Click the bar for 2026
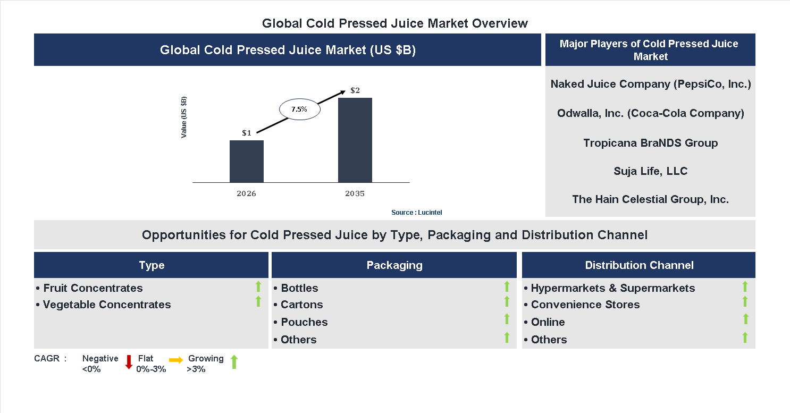[x=246, y=161]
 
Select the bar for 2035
[x=355, y=140]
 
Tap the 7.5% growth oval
[x=299, y=109]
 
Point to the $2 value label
[x=355, y=90]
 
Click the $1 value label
[x=246, y=133]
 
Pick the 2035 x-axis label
[x=355, y=193]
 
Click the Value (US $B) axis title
[x=184, y=117]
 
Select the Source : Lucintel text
[x=416, y=213]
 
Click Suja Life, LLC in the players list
[x=650, y=171]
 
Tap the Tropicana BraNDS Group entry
[x=650, y=143]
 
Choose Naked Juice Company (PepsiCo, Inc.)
[x=650, y=84]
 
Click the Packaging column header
[x=394, y=265]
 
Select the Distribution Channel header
[x=639, y=265]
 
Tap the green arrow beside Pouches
[x=507, y=319]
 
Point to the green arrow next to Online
[x=745, y=319]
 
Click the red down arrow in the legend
[x=129, y=362]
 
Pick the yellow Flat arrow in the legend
[x=176, y=360]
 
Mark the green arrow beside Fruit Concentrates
[x=258, y=287]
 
